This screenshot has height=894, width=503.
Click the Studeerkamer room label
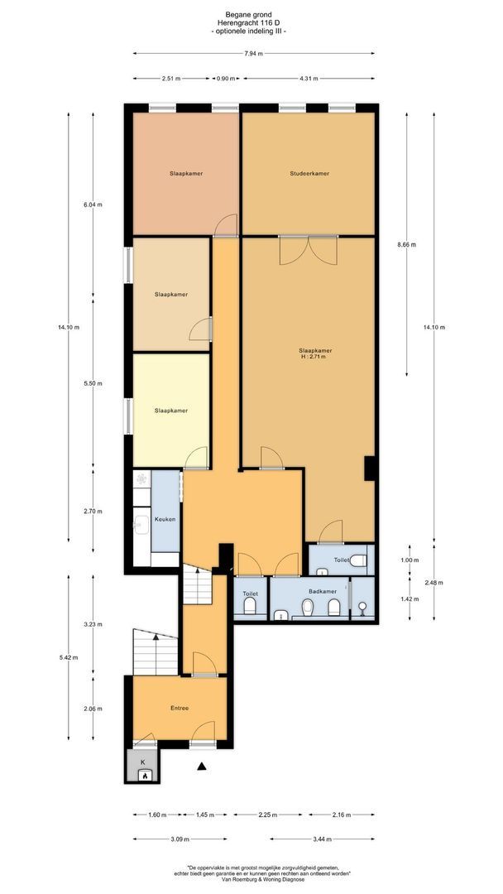(309, 174)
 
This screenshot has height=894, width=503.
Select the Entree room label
(180, 708)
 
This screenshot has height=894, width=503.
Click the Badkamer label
(322, 592)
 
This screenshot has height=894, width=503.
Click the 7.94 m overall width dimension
(253, 55)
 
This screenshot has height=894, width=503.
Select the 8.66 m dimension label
(406, 245)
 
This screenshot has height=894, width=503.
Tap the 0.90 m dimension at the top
(223, 79)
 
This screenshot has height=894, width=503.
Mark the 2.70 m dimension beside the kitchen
(93, 512)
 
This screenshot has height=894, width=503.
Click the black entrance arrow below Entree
(201, 767)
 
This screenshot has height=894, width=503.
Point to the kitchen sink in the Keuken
(141, 523)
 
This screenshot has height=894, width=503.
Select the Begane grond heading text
(251, 13)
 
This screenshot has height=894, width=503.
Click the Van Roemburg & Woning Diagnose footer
(251, 879)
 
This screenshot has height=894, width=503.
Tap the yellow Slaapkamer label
(170, 411)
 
